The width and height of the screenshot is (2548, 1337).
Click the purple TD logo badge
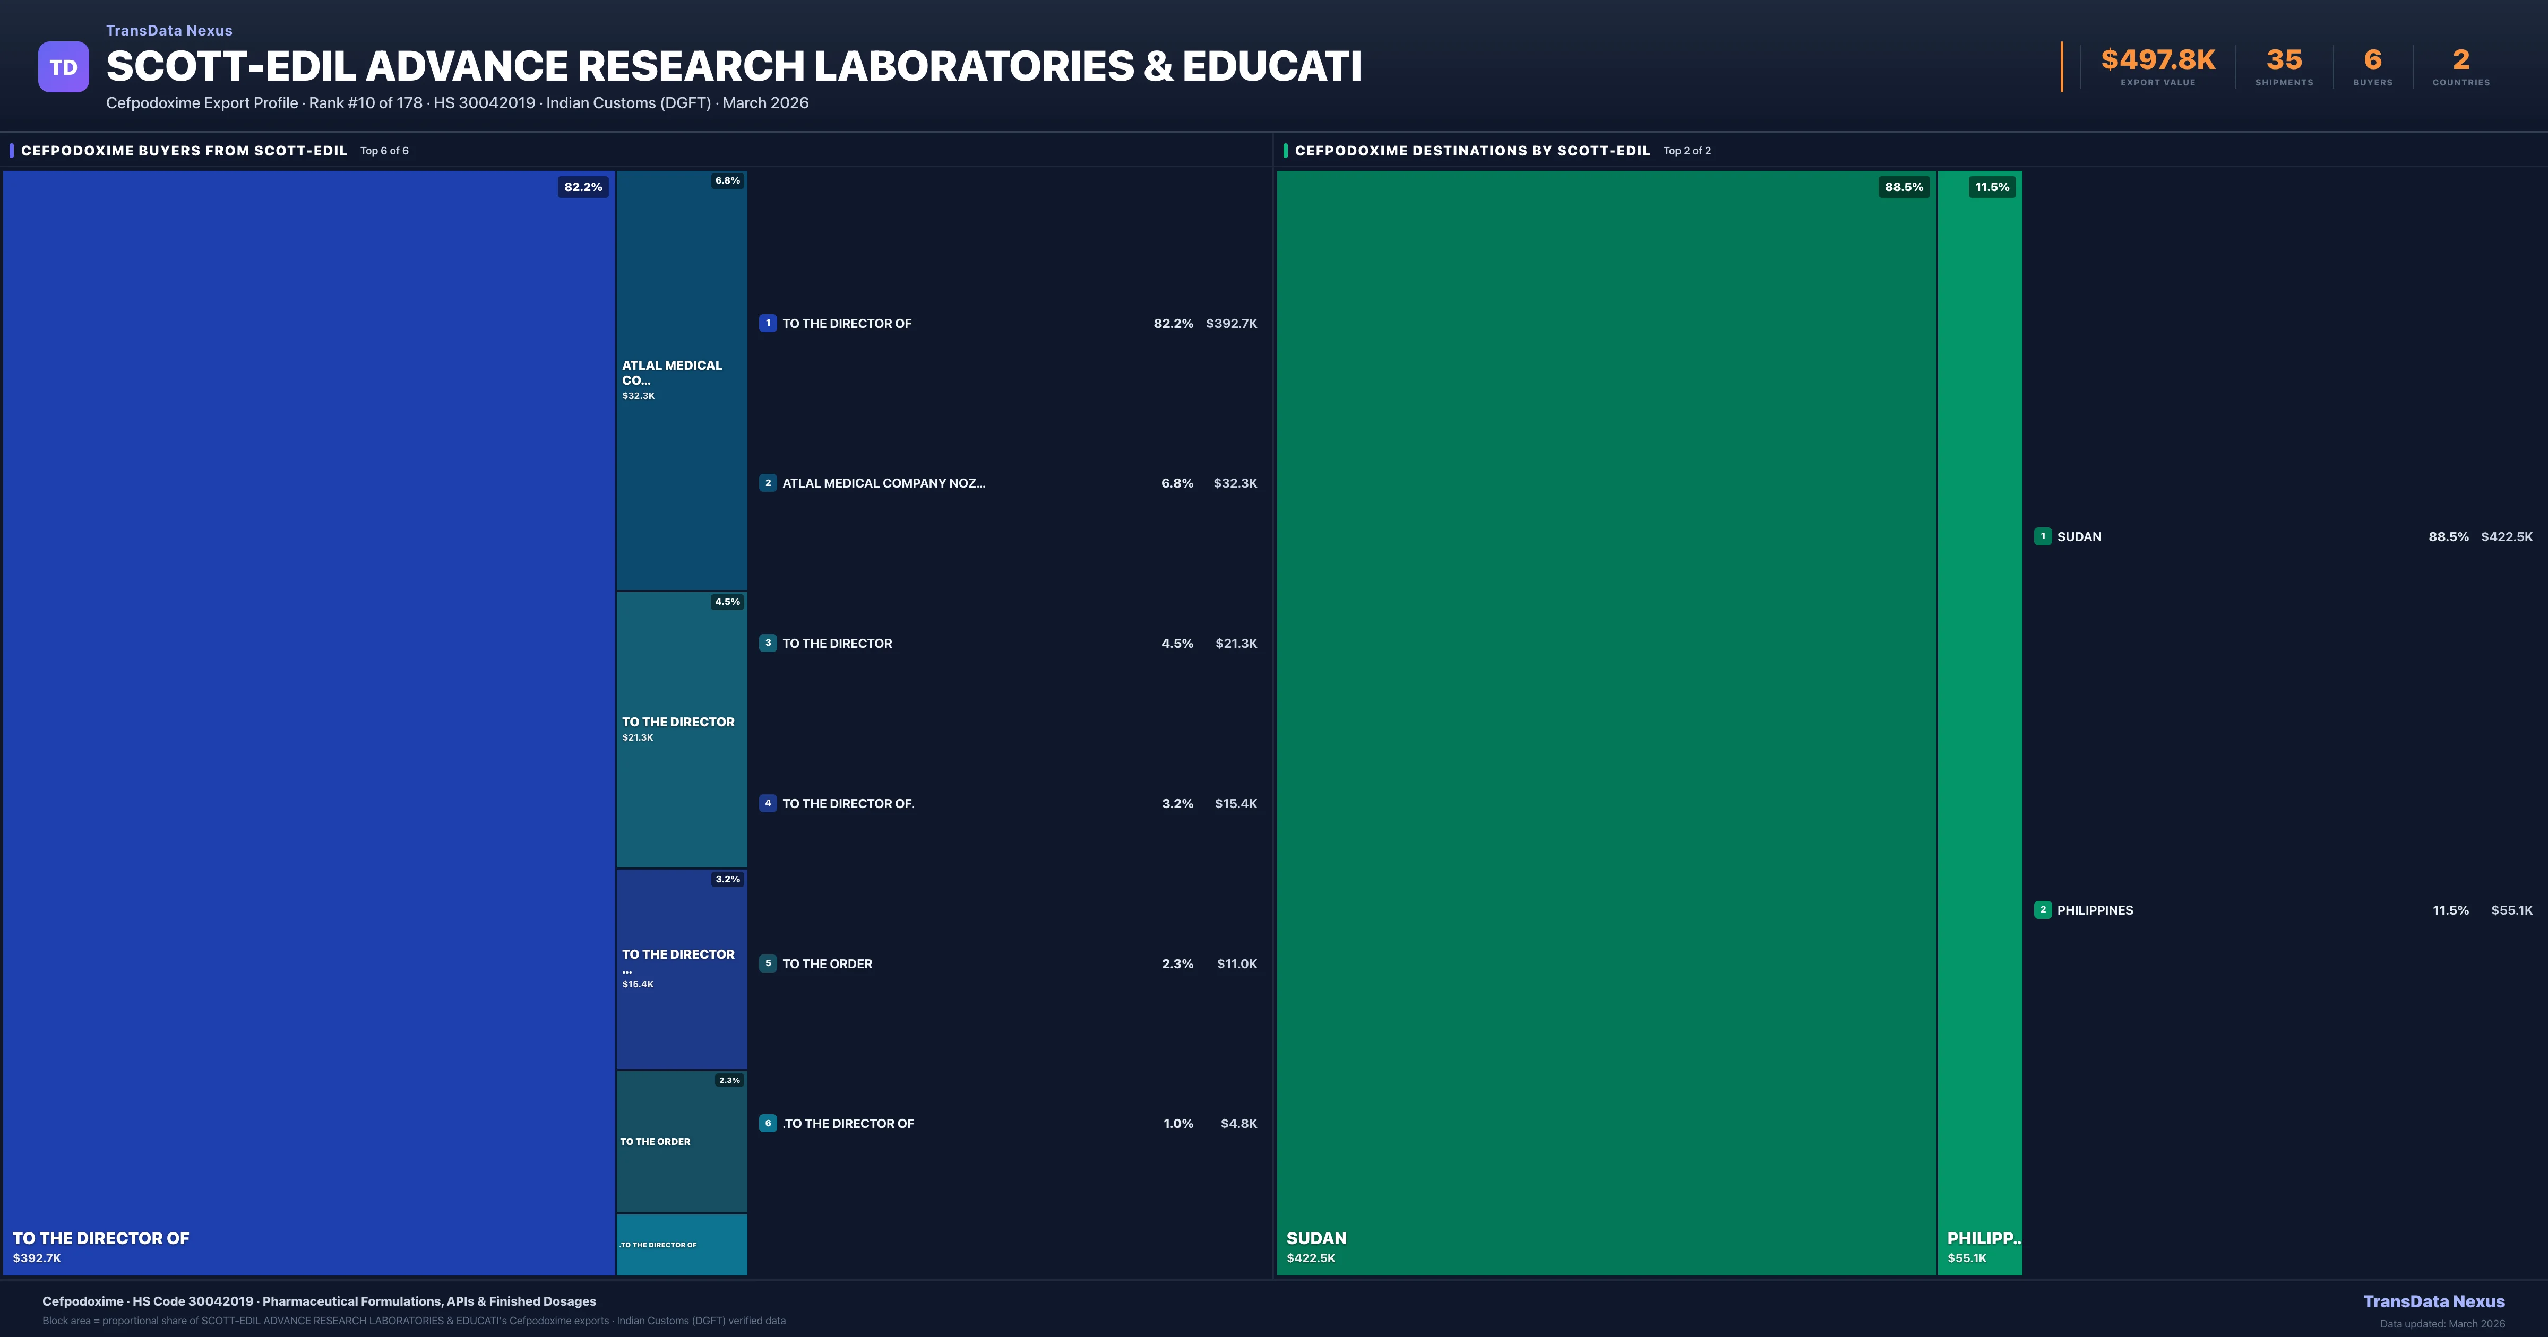point(63,67)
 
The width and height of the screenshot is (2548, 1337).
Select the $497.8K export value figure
point(2157,60)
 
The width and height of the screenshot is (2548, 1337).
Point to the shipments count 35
point(2284,60)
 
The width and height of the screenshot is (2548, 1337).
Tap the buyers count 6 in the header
point(2372,60)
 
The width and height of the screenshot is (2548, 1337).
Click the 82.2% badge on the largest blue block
point(583,187)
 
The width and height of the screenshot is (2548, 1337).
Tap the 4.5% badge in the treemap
point(727,601)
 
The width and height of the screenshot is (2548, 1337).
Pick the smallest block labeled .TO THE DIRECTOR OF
point(682,1244)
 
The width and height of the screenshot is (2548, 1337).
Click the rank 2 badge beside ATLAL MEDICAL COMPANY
point(768,483)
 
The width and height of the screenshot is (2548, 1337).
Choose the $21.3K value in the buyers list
point(1235,644)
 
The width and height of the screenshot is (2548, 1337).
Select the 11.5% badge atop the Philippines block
point(1991,187)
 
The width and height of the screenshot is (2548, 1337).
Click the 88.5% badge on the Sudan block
point(1903,187)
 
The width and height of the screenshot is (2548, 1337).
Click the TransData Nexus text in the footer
point(2433,1301)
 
